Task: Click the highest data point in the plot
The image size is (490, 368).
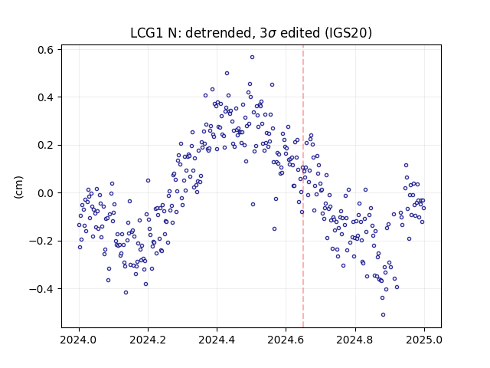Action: (252, 58)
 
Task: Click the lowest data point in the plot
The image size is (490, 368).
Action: (383, 315)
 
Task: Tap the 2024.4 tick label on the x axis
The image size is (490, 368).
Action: (217, 340)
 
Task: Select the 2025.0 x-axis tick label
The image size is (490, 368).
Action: (424, 340)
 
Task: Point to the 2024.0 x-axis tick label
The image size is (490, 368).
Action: (79, 340)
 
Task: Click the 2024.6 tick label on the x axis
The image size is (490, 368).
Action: (286, 340)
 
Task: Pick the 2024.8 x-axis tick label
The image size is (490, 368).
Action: (355, 340)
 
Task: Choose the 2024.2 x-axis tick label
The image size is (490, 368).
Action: (148, 340)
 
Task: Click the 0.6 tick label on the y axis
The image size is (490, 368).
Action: (46, 50)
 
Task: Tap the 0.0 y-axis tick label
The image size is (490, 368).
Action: (46, 193)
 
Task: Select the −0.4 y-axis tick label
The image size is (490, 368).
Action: (41, 289)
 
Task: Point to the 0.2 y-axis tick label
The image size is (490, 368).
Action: (46, 145)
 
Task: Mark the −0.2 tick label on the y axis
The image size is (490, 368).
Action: (41, 241)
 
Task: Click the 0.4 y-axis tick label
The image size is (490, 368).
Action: (46, 97)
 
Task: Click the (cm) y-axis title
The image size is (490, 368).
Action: (18, 187)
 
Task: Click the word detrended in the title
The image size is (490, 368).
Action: (218, 33)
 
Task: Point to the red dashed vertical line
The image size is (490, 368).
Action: (303, 186)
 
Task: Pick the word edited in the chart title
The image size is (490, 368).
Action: (300, 33)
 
